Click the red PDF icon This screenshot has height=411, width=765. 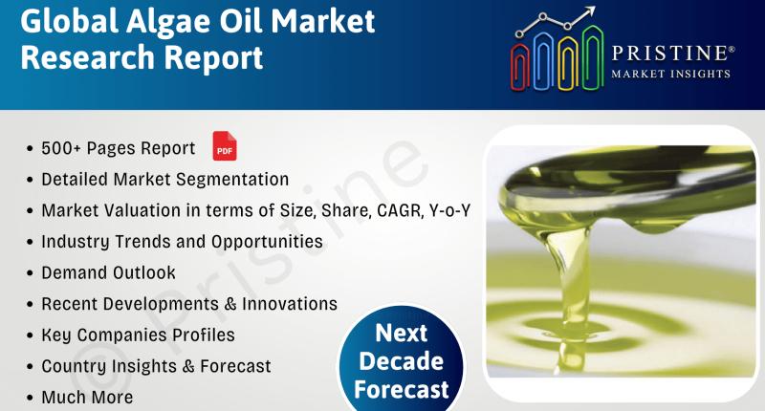pyautogui.click(x=225, y=146)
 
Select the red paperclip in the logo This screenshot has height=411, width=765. pyautogui.click(x=520, y=67)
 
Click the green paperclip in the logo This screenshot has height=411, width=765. pyautogui.click(x=593, y=57)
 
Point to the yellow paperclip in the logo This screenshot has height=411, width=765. pyautogui.click(x=569, y=62)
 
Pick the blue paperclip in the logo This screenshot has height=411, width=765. pyautogui.click(x=544, y=60)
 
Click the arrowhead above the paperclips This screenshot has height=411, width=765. pyautogui.click(x=590, y=11)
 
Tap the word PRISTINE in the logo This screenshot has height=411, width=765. pyautogui.click(x=670, y=54)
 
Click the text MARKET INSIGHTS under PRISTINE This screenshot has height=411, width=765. pyautogui.click(x=671, y=74)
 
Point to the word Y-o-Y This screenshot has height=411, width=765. pyautogui.click(x=449, y=210)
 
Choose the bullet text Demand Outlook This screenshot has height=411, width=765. pyautogui.click(x=108, y=272)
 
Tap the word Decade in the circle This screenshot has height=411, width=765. pyautogui.click(x=401, y=361)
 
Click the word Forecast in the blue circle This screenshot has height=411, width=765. pyautogui.click(x=401, y=390)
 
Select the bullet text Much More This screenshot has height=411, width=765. pyautogui.click(x=87, y=397)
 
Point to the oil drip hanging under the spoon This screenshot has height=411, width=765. pyautogui.click(x=649, y=225)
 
